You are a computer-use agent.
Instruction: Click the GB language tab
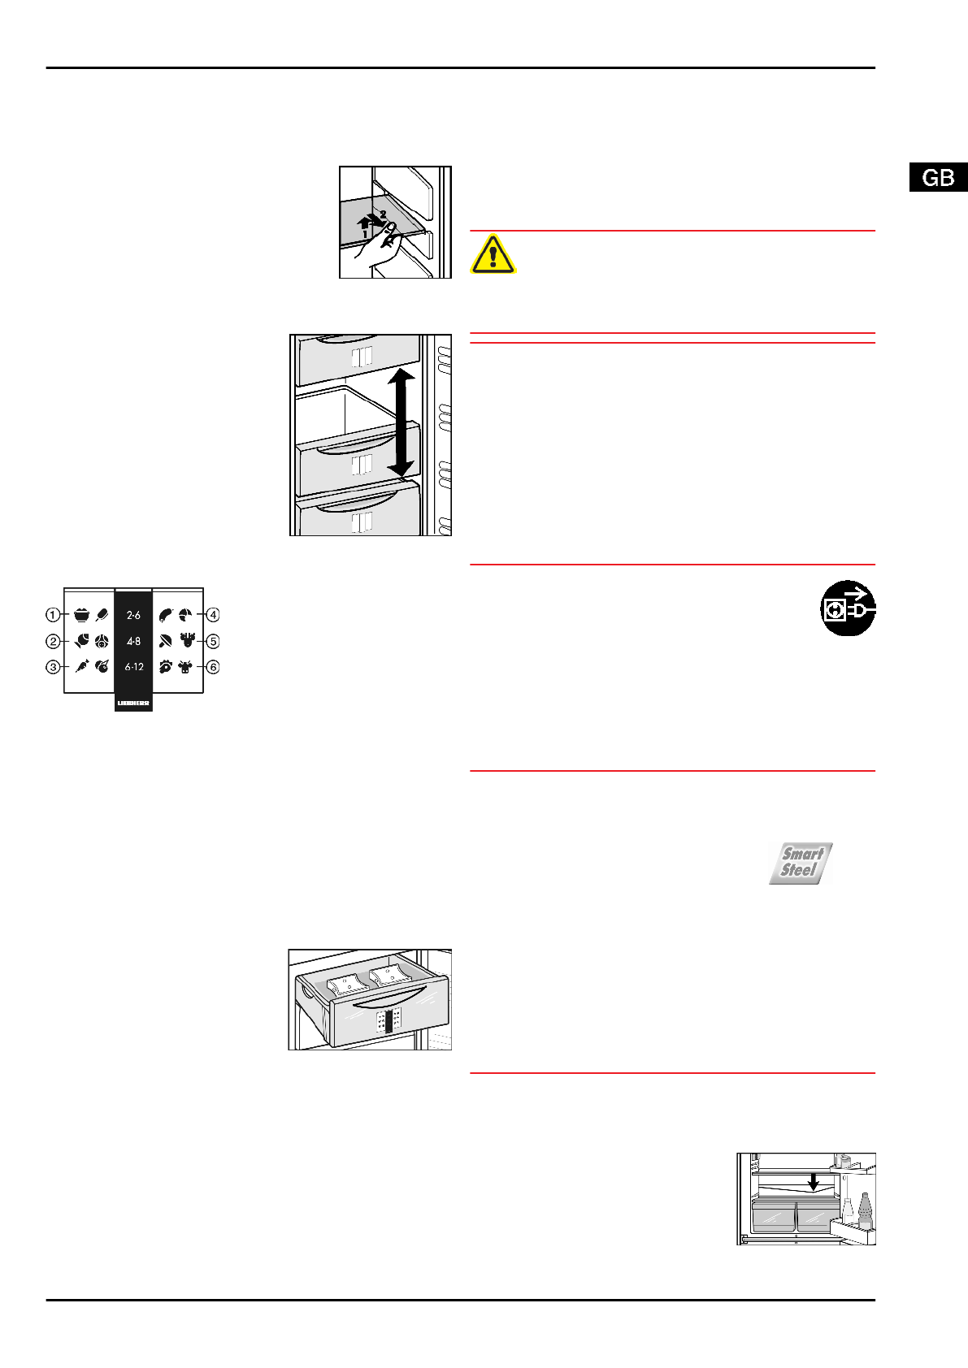tap(938, 177)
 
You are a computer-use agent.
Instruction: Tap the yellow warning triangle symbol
tap(493, 254)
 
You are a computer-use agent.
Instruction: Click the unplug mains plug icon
tap(848, 608)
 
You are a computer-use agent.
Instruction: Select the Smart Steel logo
tap(801, 863)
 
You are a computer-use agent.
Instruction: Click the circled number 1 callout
tap(53, 615)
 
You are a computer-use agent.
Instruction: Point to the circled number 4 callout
tap(213, 615)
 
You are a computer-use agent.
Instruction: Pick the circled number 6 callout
tap(213, 667)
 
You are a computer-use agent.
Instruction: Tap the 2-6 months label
tap(133, 616)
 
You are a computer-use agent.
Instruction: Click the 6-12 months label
tap(133, 667)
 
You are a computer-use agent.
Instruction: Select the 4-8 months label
tap(133, 641)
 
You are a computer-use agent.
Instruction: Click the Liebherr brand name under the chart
tap(133, 703)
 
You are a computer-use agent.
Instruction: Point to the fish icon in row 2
tap(82, 641)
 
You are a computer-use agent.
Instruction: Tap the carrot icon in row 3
tap(82, 667)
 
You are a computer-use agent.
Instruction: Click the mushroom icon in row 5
tap(166, 641)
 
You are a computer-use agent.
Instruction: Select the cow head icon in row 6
tap(186, 667)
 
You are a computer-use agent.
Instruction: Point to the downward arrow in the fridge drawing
tap(813, 1181)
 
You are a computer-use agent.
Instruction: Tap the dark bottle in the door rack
tap(865, 1210)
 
